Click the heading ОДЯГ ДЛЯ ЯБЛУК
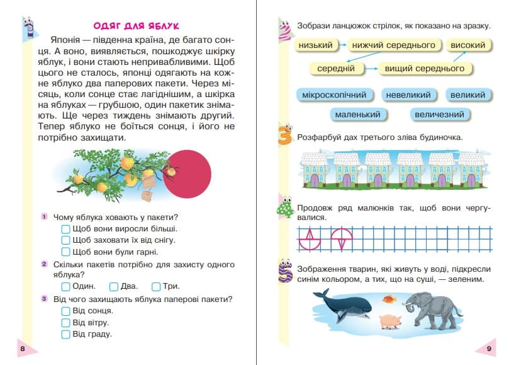pyautogui.click(x=137, y=26)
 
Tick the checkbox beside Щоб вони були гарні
pyautogui.click(x=65, y=252)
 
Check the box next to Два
pyautogui.click(x=113, y=286)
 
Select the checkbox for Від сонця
pyautogui.click(x=65, y=310)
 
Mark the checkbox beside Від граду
pyautogui.click(x=65, y=334)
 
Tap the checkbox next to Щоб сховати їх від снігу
pyautogui.click(x=65, y=240)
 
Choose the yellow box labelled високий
pyautogui.click(x=469, y=45)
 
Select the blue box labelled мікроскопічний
pyautogui.click(x=334, y=95)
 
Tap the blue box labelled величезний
pyautogui.click(x=440, y=115)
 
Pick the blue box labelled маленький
pyautogui.click(x=358, y=115)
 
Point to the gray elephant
pyautogui.click(x=434, y=310)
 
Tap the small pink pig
pyautogui.click(x=389, y=321)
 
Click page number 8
pyautogui.click(x=23, y=349)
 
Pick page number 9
pyautogui.click(x=488, y=349)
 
